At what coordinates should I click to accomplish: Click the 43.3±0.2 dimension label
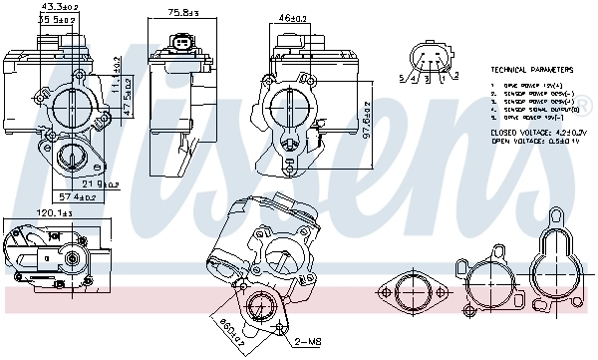57,8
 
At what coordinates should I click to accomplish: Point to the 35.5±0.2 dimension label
57,19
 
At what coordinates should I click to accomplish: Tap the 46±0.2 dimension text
291,18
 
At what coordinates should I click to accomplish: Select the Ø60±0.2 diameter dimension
227,328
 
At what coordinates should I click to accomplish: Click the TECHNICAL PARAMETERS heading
532,71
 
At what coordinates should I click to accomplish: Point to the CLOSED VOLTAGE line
539,132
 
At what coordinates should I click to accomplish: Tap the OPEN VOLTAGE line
536,141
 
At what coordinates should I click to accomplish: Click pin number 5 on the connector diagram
402,77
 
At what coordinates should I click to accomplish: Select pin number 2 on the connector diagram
455,75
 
